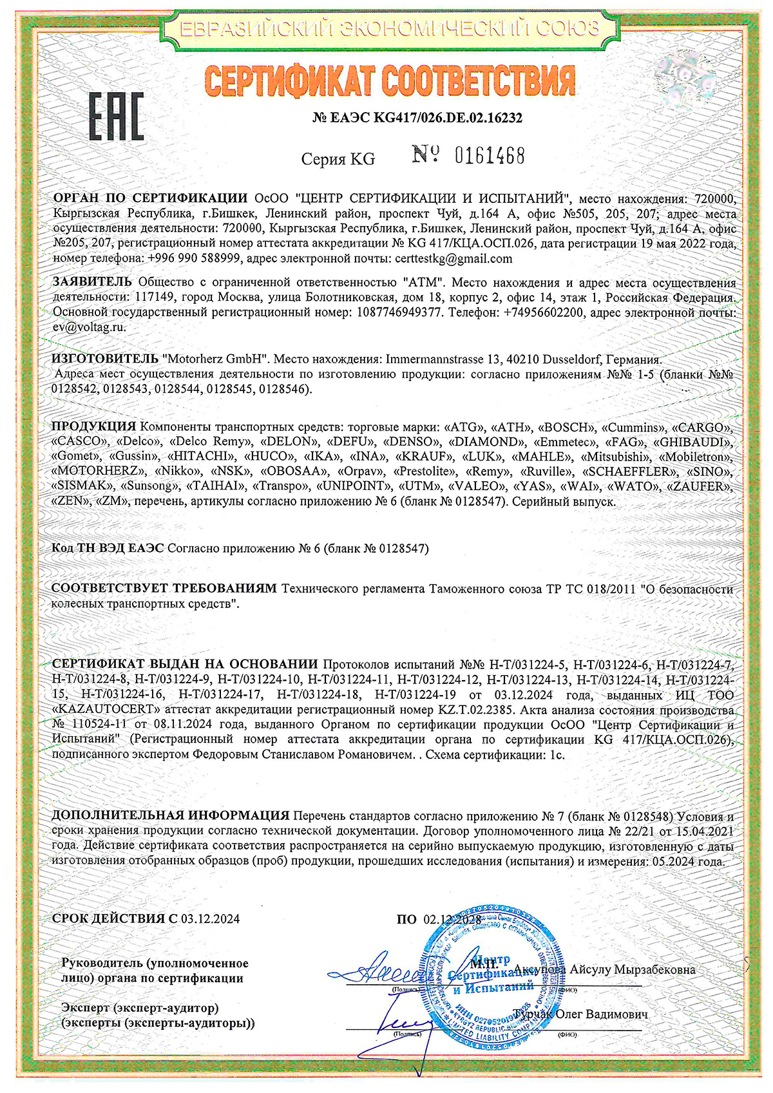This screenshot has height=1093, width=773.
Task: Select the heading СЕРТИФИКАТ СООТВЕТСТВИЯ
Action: (x=390, y=82)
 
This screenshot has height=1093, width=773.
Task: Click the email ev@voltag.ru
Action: (x=89, y=327)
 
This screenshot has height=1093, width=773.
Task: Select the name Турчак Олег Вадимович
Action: (x=580, y=1014)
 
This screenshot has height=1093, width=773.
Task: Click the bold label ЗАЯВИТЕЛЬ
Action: (x=91, y=282)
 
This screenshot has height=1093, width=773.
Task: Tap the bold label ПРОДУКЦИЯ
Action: (x=93, y=426)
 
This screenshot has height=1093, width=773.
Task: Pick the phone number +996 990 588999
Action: (x=194, y=259)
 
